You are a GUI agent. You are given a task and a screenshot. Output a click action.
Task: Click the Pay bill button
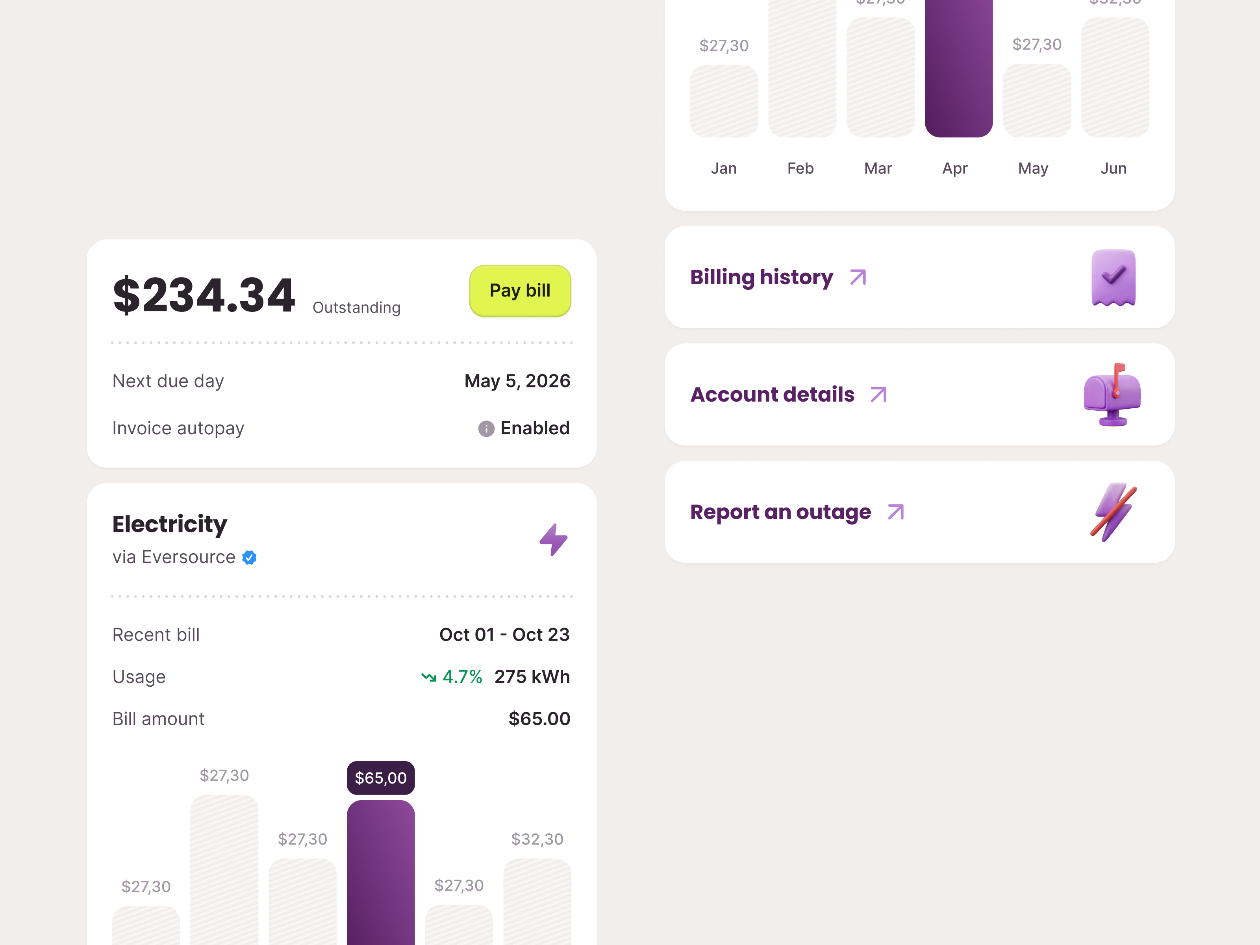click(x=519, y=291)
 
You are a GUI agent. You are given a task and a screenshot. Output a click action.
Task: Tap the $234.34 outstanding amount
click(x=204, y=295)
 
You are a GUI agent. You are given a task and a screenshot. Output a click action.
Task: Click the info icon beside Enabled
click(x=486, y=428)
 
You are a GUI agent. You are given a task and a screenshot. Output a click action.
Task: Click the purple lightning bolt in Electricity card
click(x=553, y=539)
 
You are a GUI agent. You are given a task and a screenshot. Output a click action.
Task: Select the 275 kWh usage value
click(x=532, y=677)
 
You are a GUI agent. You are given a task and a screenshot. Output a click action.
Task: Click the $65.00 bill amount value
click(x=539, y=719)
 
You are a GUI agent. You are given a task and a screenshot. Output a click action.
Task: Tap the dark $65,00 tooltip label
click(x=380, y=778)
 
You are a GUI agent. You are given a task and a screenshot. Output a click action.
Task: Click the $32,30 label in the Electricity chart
click(x=537, y=839)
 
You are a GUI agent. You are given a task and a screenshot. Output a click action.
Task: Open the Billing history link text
click(x=761, y=278)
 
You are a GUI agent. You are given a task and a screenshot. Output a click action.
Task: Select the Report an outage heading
click(x=780, y=512)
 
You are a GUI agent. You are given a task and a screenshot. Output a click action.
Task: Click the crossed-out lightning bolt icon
click(x=1113, y=512)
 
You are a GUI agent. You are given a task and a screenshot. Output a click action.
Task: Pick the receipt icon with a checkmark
click(x=1113, y=278)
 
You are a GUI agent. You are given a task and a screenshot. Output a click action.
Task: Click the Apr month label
click(x=955, y=169)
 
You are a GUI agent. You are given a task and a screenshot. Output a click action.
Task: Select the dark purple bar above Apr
click(x=959, y=69)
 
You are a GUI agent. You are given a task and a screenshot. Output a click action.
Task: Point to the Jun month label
click(x=1113, y=169)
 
